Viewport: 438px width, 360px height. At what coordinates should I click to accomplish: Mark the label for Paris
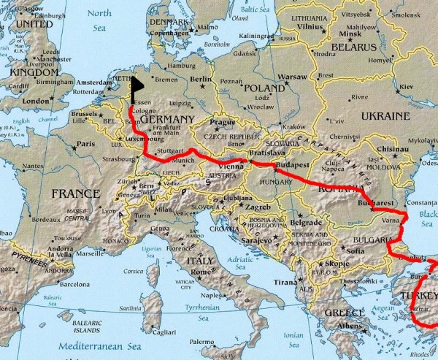[87, 144]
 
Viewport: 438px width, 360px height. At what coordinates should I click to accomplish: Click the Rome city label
[201, 272]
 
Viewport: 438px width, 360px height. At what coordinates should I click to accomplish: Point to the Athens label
[349, 326]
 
